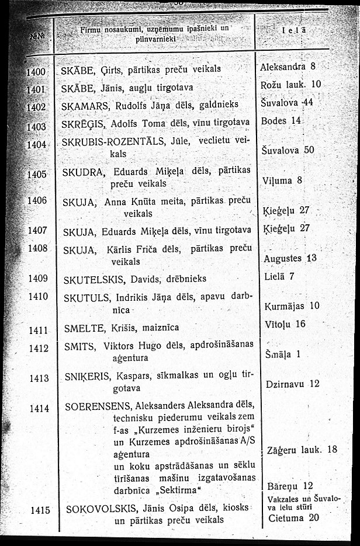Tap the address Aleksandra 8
click(288, 67)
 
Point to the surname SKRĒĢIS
click(80, 122)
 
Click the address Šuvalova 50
click(289, 149)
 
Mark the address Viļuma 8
click(283, 180)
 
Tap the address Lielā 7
click(279, 276)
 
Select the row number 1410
click(37, 296)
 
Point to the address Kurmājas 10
click(292, 305)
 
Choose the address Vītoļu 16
click(285, 324)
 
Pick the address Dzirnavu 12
click(293, 384)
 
